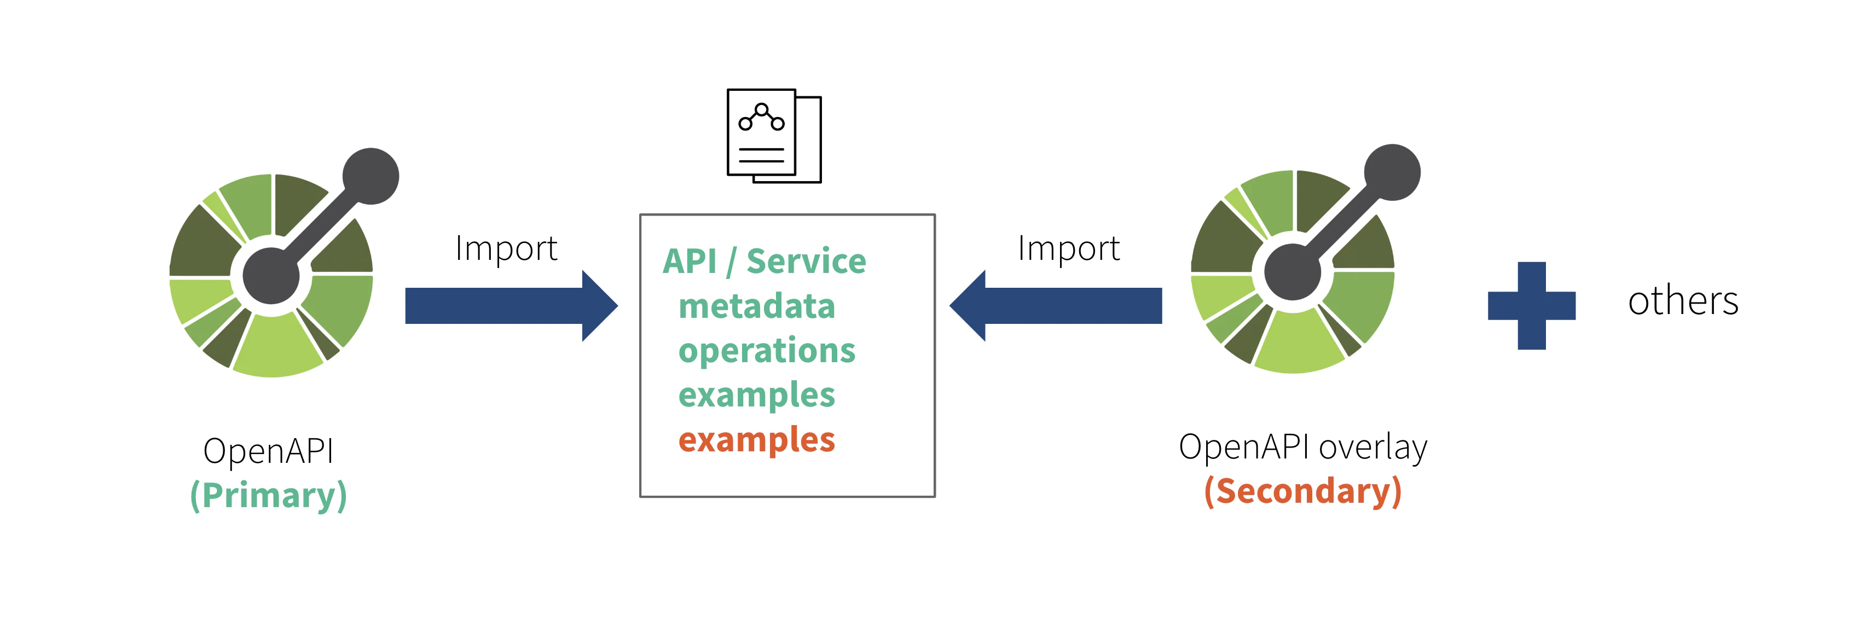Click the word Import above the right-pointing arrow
point(506,249)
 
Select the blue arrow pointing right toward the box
point(511,305)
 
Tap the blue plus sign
point(1531,305)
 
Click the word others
point(1683,300)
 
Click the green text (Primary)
point(269,496)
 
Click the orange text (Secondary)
point(1302,491)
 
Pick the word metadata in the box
point(757,306)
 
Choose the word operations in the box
point(767,351)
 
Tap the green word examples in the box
point(757,395)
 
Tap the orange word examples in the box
point(757,440)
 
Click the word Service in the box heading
point(806,262)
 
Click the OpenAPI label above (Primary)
point(269,451)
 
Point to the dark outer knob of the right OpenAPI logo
point(1392,172)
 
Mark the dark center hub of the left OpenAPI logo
point(271,276)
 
